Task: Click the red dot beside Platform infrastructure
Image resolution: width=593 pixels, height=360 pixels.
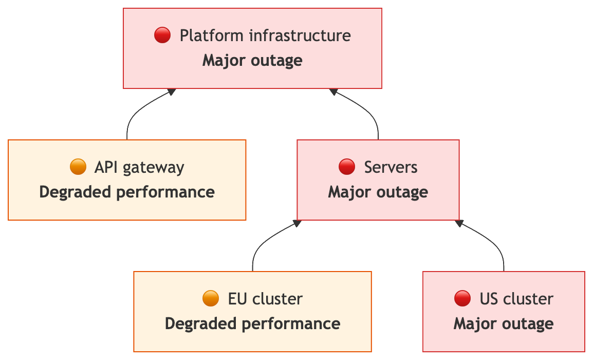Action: (162, 35)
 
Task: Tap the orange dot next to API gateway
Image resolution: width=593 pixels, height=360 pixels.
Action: (78, 167)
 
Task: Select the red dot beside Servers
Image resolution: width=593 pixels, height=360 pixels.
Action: (347, 167)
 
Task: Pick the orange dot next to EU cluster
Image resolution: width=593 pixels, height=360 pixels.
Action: (211, 298)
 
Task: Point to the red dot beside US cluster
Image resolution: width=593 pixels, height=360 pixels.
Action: (462, 298)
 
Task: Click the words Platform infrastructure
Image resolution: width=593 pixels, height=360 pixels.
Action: (265, 35)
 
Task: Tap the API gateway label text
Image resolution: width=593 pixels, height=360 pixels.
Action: (139, 167)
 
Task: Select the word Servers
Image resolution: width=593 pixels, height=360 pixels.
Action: (391, 167)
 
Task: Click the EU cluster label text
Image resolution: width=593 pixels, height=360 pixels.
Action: (265, 298)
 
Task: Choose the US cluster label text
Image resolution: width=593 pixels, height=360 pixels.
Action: (516, 298)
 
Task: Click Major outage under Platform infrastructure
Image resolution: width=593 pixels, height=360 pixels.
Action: (252, 61)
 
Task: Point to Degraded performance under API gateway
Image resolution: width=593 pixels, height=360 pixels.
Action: (127, 192)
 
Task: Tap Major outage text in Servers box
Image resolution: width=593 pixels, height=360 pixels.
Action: (378, 192)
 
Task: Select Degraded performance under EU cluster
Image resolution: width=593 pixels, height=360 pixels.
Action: (252, 323)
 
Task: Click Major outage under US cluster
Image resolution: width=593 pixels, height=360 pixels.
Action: (504, 323)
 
